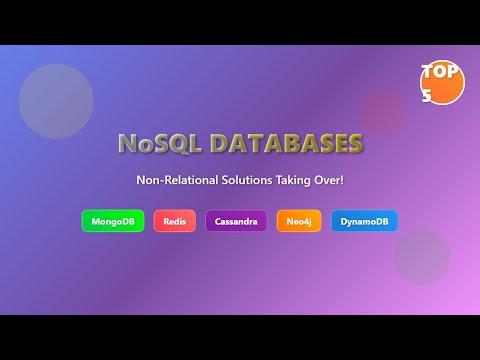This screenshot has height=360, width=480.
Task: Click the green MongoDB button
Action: pyautogui.click(x=113, y=221)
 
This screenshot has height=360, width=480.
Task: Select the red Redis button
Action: pyautogui.click(x=175, y=221)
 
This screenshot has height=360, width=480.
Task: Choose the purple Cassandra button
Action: pyautogui.click(x=236, y=221)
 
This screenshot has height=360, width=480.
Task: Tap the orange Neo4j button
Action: pyautogui.click(x=299, y=221)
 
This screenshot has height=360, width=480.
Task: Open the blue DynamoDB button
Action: pyautogui.click(x=364, y=221)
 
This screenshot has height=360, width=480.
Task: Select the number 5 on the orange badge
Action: pyautogui.click(x=427, y=97)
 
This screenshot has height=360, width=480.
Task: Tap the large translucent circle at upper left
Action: pyautogui.click(x=56, y=101)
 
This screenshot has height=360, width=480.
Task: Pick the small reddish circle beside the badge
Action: pyautogui.click(x=382, y=112)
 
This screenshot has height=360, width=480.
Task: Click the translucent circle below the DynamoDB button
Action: pyautogui.click(x=421, y=257)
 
